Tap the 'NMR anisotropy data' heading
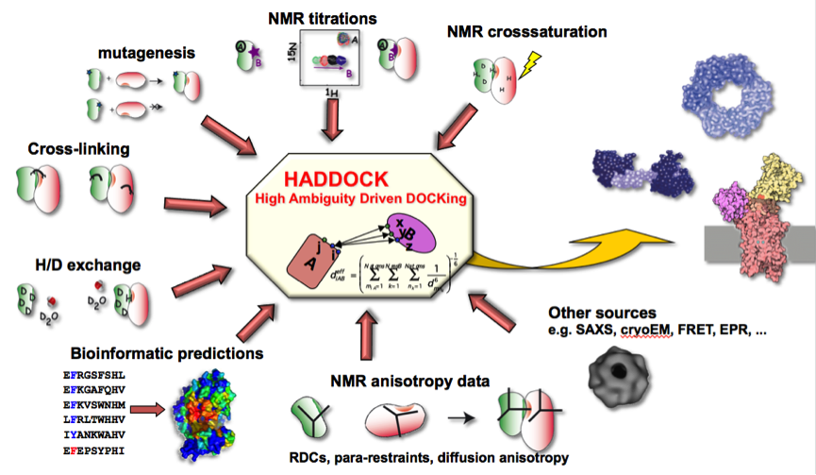tap(409, 382)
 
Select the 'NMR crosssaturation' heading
tap(526, 32)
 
